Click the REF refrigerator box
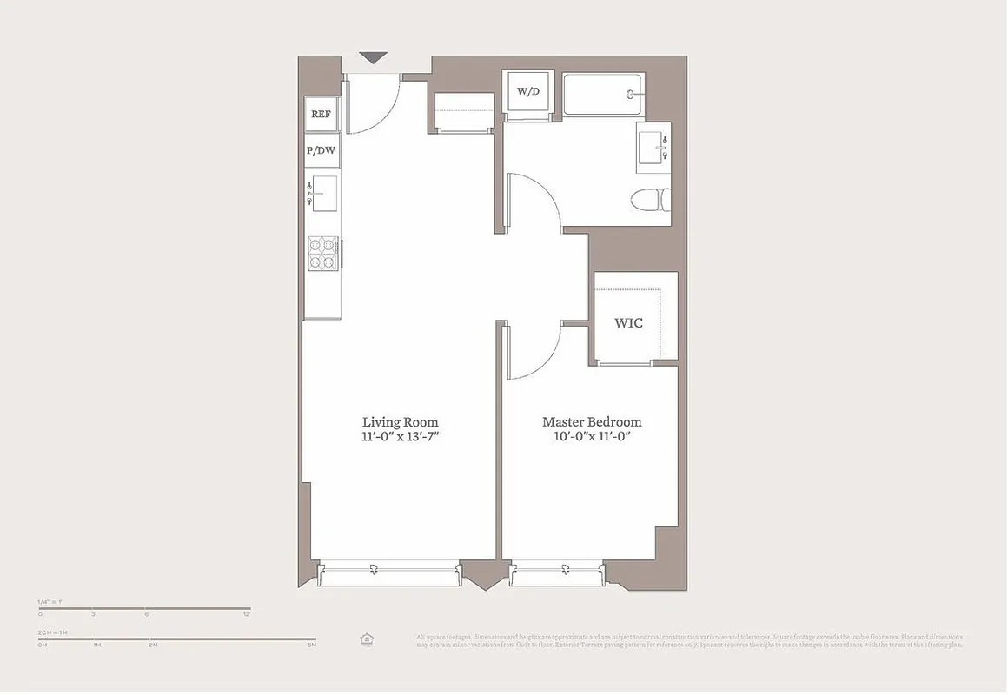[322, 114]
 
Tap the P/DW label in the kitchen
[322, 151]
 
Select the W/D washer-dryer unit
[528, 91]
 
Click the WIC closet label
[628, 323]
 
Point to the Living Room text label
[400, 422]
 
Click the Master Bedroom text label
[592, 422]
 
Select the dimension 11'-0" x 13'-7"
[400, 437]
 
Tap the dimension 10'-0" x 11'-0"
[592, 437]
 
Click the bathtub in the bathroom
[602, 94]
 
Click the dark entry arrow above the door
[373, 58]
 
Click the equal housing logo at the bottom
[367, 639]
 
